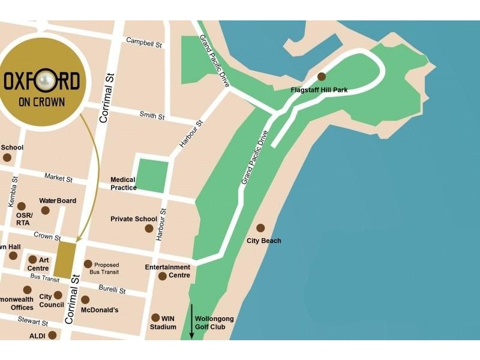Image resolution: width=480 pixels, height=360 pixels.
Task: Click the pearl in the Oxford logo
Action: tap(43, 80)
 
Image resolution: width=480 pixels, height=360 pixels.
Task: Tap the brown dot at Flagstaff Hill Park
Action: tap(322, 76)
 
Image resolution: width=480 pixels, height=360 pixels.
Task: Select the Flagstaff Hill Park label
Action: tap(319, 90)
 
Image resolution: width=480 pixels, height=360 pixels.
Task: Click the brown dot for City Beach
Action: tap(260, 228)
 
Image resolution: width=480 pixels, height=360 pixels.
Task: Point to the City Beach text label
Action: tap(264, 241)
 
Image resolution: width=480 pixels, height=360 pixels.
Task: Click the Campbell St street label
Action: tap(143, 42)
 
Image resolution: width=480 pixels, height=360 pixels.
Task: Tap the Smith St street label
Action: tap(152, 115)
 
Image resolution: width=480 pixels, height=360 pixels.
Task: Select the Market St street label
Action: tap(58, 178)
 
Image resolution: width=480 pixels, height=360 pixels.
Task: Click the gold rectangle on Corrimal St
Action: tap(67, 260)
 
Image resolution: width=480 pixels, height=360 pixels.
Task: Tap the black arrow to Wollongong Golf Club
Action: tap(192, 322)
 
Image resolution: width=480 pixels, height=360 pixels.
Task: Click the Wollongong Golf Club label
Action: tap(214, 323)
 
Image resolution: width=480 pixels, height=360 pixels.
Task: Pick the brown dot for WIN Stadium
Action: tap(155, 317)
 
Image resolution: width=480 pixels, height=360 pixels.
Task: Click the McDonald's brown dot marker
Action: tap(85, 299)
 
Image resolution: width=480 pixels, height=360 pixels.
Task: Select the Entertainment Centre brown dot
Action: tap(163, 276)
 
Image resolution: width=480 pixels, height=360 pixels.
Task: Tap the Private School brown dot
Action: tap(149, 229)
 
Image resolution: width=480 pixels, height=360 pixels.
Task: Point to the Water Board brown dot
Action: tap(45, 210)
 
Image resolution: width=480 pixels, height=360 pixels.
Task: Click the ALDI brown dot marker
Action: tap(52, 335)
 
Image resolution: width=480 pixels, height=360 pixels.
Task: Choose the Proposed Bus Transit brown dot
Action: tap(88, 264)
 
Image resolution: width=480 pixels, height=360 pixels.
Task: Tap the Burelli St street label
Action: tap(112, 289)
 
